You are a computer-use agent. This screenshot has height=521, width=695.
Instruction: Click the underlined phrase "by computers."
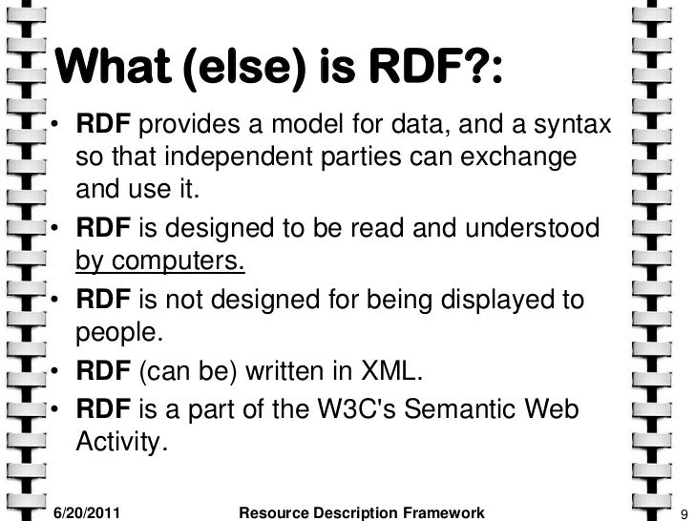click(159, 260)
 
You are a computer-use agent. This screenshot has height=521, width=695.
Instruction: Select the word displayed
click(497, 301)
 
